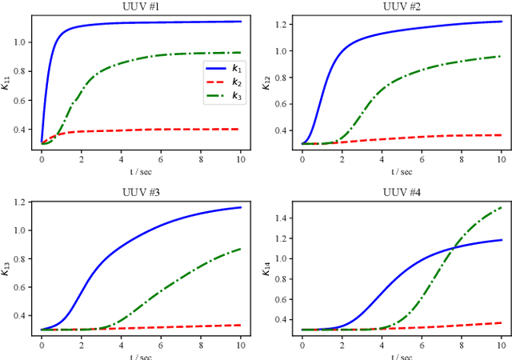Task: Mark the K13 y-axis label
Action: [x=7, y=262]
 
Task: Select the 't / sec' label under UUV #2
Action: [x=402, y=171]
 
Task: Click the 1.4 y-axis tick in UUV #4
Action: [x=280, y=218]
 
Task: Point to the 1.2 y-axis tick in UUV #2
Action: [x=280, y=25]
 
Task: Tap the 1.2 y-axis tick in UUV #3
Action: [x=20, y=202]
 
